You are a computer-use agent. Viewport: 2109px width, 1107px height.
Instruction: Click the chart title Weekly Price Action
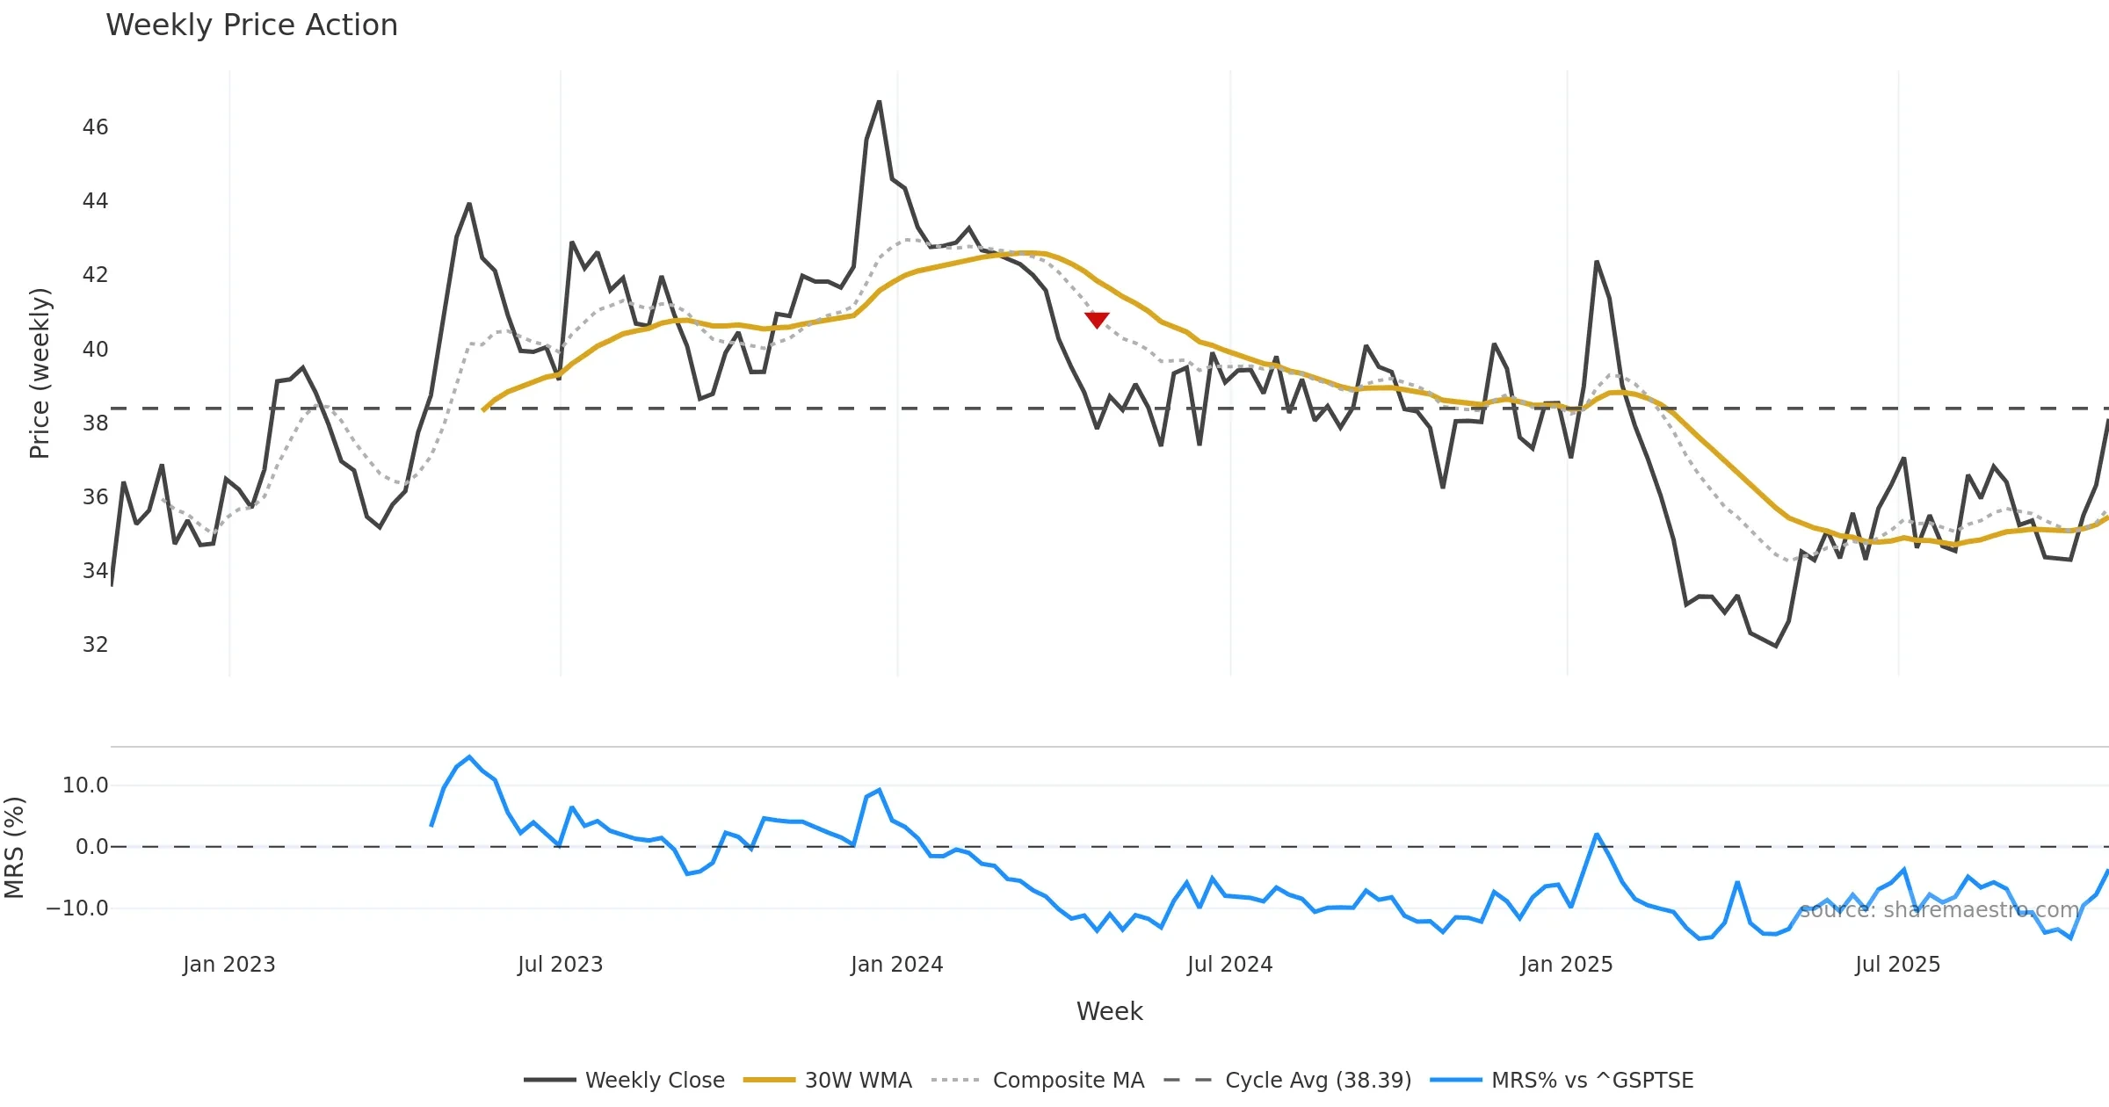251,25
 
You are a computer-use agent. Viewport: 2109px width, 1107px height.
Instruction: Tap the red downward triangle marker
1097,320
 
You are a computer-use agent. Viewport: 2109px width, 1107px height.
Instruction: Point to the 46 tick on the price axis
95,127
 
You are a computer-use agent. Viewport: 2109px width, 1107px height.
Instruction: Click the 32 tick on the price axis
95,645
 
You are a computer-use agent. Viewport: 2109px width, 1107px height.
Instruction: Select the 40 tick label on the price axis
95,350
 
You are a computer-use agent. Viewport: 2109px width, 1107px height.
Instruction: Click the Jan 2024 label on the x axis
896,965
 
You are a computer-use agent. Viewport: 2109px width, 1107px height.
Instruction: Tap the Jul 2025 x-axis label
1897,965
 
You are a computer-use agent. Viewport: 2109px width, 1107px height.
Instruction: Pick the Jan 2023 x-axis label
228,965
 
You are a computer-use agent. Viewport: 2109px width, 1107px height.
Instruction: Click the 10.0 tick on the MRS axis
85,785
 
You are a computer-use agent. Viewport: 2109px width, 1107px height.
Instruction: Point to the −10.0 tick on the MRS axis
77,908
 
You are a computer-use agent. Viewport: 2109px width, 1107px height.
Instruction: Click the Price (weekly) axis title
40,373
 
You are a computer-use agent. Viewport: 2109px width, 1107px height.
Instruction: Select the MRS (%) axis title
14,848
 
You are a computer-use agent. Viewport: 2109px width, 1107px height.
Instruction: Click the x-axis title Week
1109,1012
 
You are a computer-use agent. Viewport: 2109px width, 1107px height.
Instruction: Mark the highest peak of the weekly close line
879,102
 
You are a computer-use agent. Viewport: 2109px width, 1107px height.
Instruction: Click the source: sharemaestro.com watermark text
1939,910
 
